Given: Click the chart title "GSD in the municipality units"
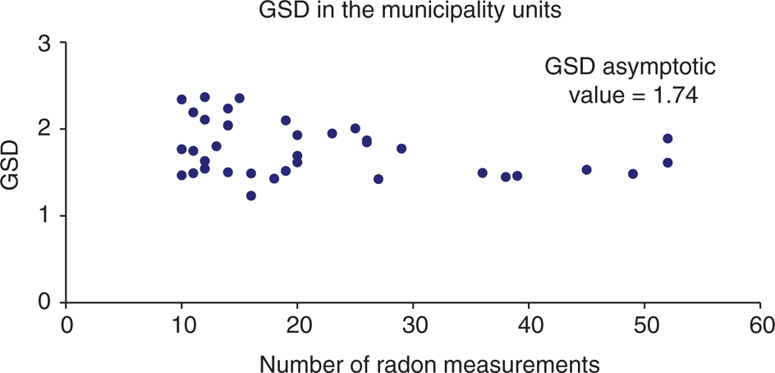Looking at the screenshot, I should [388, 12].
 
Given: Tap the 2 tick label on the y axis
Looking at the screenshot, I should [48, 130].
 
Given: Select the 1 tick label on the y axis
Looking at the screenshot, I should [48, 216].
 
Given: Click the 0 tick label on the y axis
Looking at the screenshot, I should [48, 302].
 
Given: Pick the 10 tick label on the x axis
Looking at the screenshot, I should [181, 326].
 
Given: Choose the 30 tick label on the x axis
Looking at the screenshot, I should [413, 326].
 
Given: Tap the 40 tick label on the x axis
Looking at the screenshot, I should [529, 326].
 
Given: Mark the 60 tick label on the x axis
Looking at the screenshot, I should [760, 326].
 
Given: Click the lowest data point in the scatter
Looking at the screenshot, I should [251, 196].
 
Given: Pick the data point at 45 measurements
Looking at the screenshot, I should [587, 170].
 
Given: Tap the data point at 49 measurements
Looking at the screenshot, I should [633, 174].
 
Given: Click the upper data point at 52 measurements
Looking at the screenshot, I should [667, 139].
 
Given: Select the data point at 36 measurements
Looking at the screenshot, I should [483, 173].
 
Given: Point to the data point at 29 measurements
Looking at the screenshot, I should [401, 149].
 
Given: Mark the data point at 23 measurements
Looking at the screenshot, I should [332, 133].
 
